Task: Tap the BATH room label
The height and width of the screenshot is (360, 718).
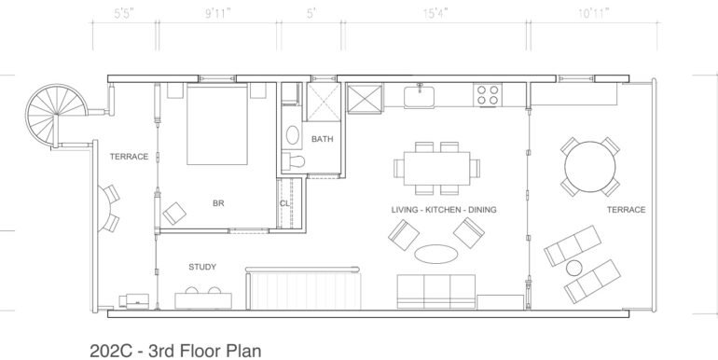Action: (322, 139)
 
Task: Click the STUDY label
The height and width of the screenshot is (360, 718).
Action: (202, 267)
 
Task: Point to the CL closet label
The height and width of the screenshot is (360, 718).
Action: (284, 205)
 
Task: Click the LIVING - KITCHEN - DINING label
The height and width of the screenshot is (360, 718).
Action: (443, 211)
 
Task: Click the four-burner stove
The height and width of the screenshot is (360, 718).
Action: (487, 93)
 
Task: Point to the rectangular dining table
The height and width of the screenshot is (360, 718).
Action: (435, 170)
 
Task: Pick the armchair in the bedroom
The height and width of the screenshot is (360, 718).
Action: (173, 215)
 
